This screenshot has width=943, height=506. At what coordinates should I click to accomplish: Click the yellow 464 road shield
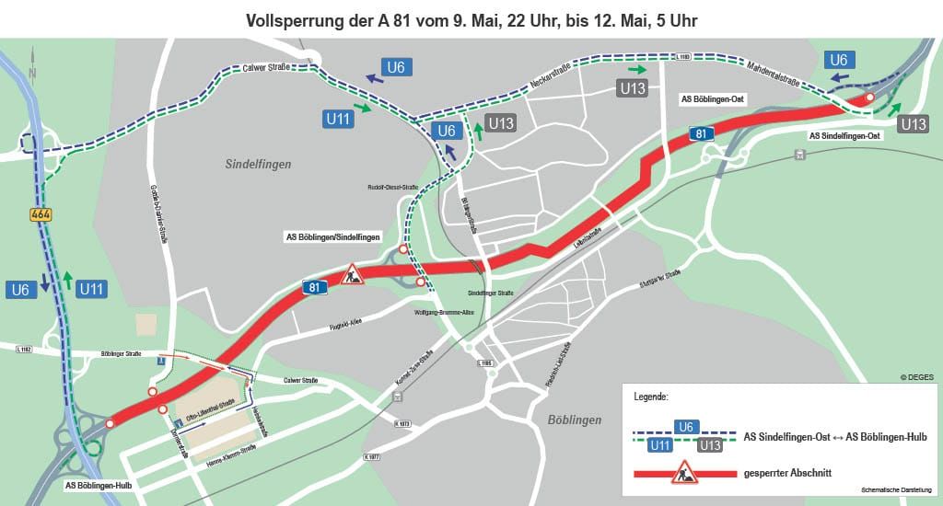coord(40,214)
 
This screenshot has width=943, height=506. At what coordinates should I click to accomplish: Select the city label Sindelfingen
coord(258,164)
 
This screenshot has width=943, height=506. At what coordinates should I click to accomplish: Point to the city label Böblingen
coord(574,420)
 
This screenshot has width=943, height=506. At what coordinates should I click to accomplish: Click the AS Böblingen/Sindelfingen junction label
coord(331,236)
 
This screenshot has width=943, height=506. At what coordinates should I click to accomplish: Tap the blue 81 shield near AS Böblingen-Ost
coord(702,134)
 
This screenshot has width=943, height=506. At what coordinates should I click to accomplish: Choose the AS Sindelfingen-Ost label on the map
coord(844,135)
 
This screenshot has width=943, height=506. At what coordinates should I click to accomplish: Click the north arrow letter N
coord(32,73)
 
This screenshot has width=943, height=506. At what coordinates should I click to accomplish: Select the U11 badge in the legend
coord(659,445)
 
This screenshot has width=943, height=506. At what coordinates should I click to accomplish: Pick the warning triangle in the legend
coord(683,474)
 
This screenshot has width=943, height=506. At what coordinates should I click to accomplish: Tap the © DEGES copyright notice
coord(917,376)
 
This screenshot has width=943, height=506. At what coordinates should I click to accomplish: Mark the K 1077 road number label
coord(372,456)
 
